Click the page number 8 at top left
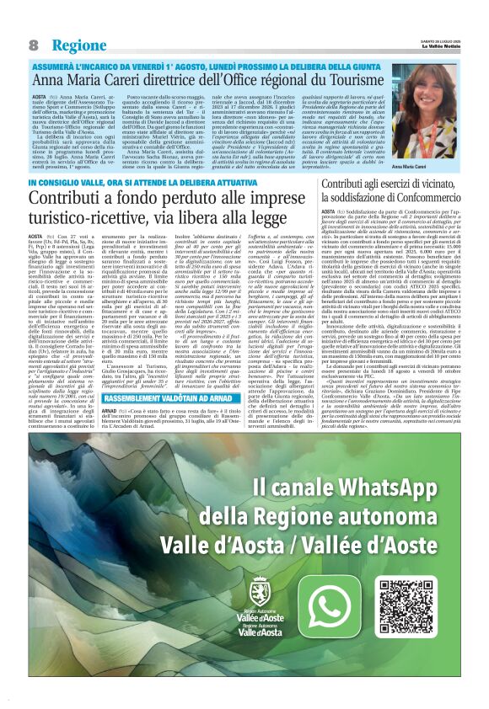(x=33, y=45)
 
